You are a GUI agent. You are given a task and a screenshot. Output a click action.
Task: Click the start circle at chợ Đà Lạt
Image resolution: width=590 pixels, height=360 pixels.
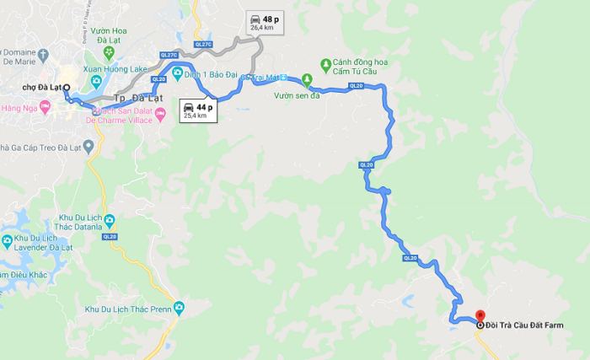[x=66, y=87]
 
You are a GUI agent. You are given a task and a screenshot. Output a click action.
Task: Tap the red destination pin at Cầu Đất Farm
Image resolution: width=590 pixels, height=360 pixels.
[x=480, y=324]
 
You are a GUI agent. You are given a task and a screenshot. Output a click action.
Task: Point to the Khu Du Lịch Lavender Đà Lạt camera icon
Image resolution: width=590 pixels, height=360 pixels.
[x=8, y=244]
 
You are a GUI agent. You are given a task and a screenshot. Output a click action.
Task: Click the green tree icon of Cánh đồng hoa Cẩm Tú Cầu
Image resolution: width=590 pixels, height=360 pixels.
[x=327, y=64]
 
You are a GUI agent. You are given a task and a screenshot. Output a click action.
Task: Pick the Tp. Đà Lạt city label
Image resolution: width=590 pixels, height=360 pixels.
[x=137, y=99]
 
